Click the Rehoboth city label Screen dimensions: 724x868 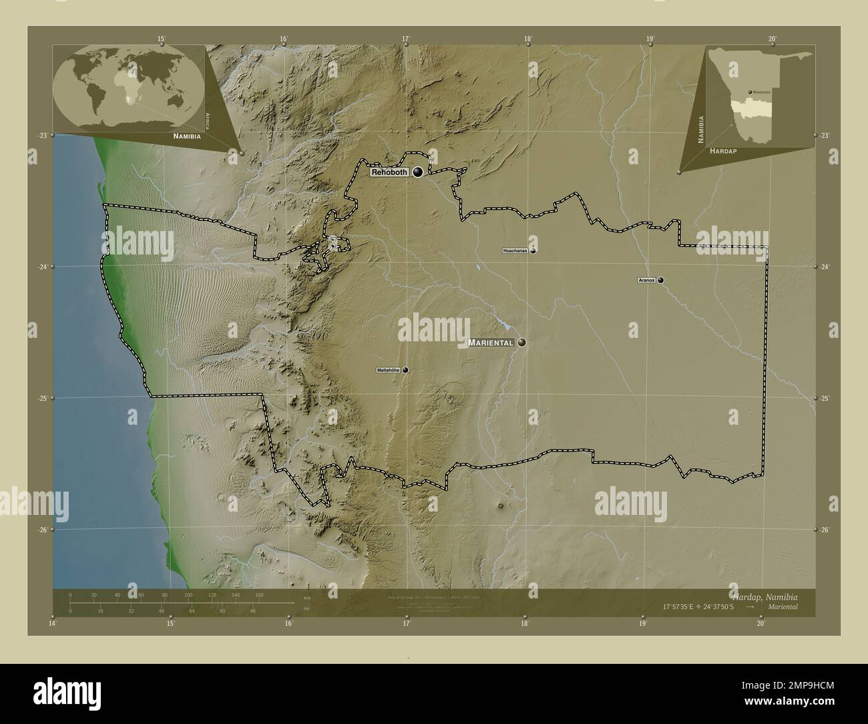[x=389, y=172]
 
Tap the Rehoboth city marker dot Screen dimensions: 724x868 [x=418, y=172]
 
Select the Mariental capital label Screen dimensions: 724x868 [x=491, y=343]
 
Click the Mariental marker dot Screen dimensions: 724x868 [x=521, y=343]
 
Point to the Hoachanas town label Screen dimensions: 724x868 [x=515, y=251]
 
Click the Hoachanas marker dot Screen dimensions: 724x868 [x=533, y=251]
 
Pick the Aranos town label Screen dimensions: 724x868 [x=647, y=281]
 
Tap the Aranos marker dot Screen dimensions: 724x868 [x=660, y=281]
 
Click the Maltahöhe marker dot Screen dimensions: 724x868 [x=405, y=370]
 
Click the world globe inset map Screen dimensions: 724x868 [x=128, y=85]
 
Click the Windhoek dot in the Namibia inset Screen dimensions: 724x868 [x=750, y=92]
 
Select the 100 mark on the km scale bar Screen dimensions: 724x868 [x=188, y=594]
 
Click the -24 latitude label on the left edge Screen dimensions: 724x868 [x=41, y=266]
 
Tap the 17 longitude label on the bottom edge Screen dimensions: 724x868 [x=406, y=623]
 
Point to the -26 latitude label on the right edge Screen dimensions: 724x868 [x=825, y=530]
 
